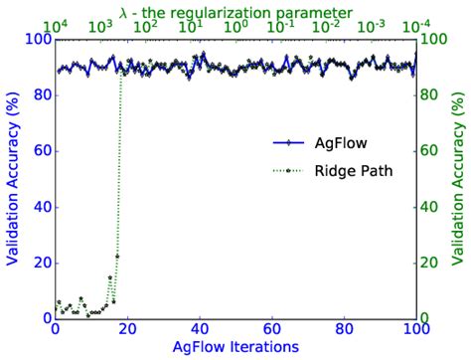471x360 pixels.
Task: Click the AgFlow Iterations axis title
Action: [x=235, y=347]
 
